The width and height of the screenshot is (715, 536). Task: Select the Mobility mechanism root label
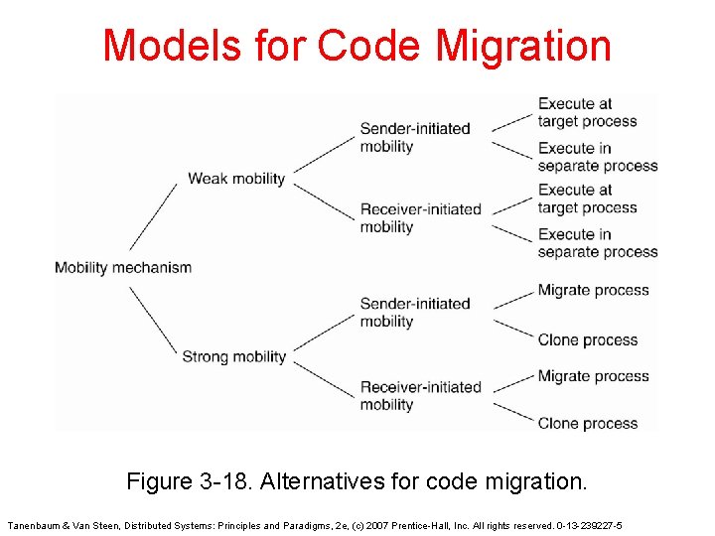point(123,267)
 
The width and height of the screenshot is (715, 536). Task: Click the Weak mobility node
point(236,179)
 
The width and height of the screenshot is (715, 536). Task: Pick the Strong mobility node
point(234,356)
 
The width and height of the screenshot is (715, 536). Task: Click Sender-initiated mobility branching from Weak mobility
point(414,137)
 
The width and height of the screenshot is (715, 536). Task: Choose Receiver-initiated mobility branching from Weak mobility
point(420,218)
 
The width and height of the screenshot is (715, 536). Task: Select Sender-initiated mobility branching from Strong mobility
point(414,312)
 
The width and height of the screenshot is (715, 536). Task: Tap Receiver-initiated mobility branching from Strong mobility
point(420,395)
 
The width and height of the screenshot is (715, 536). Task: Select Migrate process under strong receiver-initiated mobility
point(593,376)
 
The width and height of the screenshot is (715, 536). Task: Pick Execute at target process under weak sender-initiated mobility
point(587,112)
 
